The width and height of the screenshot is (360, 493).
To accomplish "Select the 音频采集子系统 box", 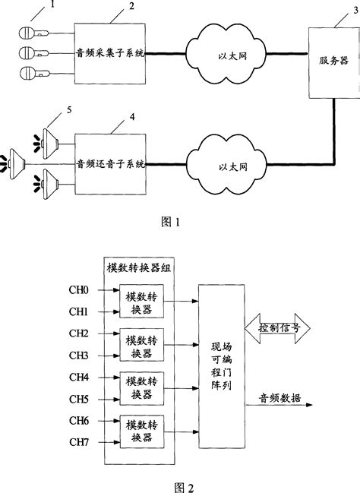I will [x=111, y=54].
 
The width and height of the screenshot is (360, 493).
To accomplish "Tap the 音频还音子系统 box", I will [x=111, y=163].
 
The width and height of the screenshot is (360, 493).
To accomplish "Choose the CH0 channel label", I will [x=79, y=291].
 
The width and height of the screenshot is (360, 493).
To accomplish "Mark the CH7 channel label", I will [x=79, y=441].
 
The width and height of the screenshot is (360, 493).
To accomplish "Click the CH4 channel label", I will [x=79, y=377].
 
